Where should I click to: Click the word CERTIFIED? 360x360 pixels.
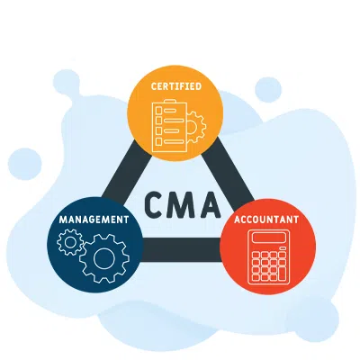[x=176, y=86]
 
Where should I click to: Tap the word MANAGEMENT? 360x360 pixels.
[x=94, y=219]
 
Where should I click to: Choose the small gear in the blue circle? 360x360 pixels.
[x=67, y=241]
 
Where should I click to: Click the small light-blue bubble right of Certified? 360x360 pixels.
[x=267, y=88]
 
